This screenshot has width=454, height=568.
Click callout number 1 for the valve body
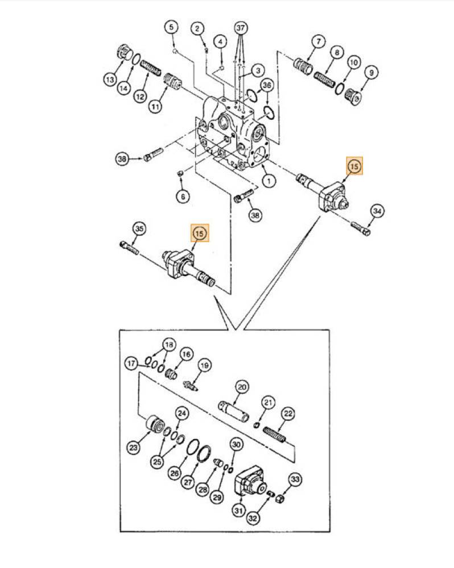[269, 181]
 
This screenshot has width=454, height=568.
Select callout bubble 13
[110, 80]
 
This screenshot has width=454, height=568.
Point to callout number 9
[371, 73]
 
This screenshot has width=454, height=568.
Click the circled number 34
[377, 211]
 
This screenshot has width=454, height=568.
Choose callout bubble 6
[183, 197]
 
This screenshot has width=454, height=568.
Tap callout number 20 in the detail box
[242, 387]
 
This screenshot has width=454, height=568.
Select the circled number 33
[295, 479]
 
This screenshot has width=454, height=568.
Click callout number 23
[134, 448]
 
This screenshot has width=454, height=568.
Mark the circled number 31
[238, 511]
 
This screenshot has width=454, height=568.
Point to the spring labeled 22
[274, 435]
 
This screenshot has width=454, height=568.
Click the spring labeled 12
[150, 68]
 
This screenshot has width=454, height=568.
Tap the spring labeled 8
[324, 80]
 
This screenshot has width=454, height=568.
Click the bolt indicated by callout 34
[361, 229]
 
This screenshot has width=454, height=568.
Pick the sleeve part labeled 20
[234, 411]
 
